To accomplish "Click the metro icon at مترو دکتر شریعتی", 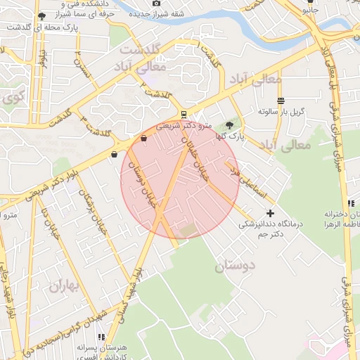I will click(184, 114).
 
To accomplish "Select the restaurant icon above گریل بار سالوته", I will click(281, 101).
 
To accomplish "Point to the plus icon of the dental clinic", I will click(270, 212).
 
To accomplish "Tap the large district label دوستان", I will click(238, 266).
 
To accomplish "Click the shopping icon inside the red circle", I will click(144, 139).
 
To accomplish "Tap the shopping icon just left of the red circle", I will click(114, 154).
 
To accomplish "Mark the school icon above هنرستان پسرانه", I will click(101, 337).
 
